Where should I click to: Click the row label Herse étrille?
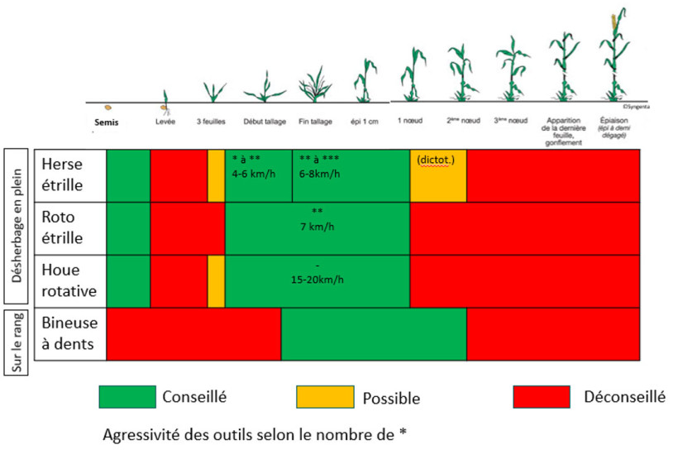pos(63,175)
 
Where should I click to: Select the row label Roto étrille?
pos(63,227)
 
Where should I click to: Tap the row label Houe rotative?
pos(63,280)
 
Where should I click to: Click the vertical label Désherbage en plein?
pos(17,226)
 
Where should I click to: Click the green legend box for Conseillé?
pos(127,396)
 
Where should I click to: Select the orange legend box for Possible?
pos(325,397)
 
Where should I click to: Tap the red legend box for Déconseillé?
pos(542,396)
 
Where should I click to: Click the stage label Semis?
pos(107,122)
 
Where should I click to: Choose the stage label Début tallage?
pos(265,122)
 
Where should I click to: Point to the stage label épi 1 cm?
pos(365,122)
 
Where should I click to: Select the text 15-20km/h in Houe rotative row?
pos(318,279)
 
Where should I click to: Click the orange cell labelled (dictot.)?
pos(438,175)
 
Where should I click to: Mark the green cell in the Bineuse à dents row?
pos(374,333)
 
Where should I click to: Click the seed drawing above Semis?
pos(107,107)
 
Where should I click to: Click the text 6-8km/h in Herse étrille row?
pos(318,175)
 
